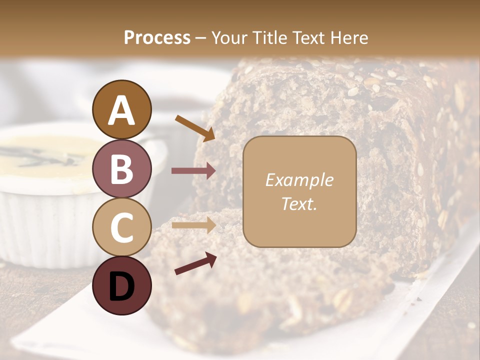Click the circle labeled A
(122, 109)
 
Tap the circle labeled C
(122, 227)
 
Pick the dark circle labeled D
(122, 285)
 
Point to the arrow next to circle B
(193, 171)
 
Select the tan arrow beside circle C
(193, 225)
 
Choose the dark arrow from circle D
(195, 263)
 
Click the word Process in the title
(157, 37)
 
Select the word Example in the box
(299, 180)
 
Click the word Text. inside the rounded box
(299, 203)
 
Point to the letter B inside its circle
(122, 168)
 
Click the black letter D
(122, 286)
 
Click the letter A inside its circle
(122, 110)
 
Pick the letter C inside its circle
(122, 227)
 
